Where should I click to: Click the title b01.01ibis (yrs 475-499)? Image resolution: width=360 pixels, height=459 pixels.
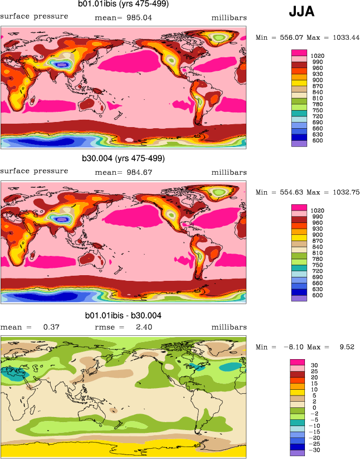click(x=123, y=5)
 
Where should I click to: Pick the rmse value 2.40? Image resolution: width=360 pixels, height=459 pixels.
click(x=138, y=327)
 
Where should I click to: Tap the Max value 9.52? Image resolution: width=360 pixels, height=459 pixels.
click(x=345, y=347)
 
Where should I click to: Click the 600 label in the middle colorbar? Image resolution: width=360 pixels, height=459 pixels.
click(x=318, y=294)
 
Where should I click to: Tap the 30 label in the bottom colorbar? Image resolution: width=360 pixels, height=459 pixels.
click(x=317, y=365)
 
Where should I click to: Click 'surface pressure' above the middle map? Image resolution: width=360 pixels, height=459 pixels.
click(x=34, y=171)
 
